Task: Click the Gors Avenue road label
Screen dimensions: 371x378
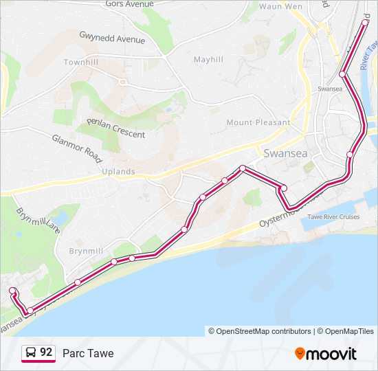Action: [x=130, y=3]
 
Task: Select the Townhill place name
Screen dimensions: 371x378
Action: [x=82, y=62]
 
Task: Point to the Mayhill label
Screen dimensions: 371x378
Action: [x=208, y=60]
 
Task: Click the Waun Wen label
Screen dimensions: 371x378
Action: [x=280, y=6]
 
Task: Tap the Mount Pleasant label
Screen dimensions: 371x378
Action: [x=258, y=122]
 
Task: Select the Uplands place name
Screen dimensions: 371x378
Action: [x=118, y=171]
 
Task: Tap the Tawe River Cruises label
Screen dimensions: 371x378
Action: [x=333, y=217]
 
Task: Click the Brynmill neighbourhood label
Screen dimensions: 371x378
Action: [x=85, y=251]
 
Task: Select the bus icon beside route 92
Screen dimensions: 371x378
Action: [x=31, y=353]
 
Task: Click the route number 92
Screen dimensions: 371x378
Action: [x=47, y=352]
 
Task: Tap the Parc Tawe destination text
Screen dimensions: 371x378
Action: [x=88, y=353]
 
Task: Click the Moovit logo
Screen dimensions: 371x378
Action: [x=326, y=354]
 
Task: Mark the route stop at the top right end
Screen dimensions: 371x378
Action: [x=365, y=22]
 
